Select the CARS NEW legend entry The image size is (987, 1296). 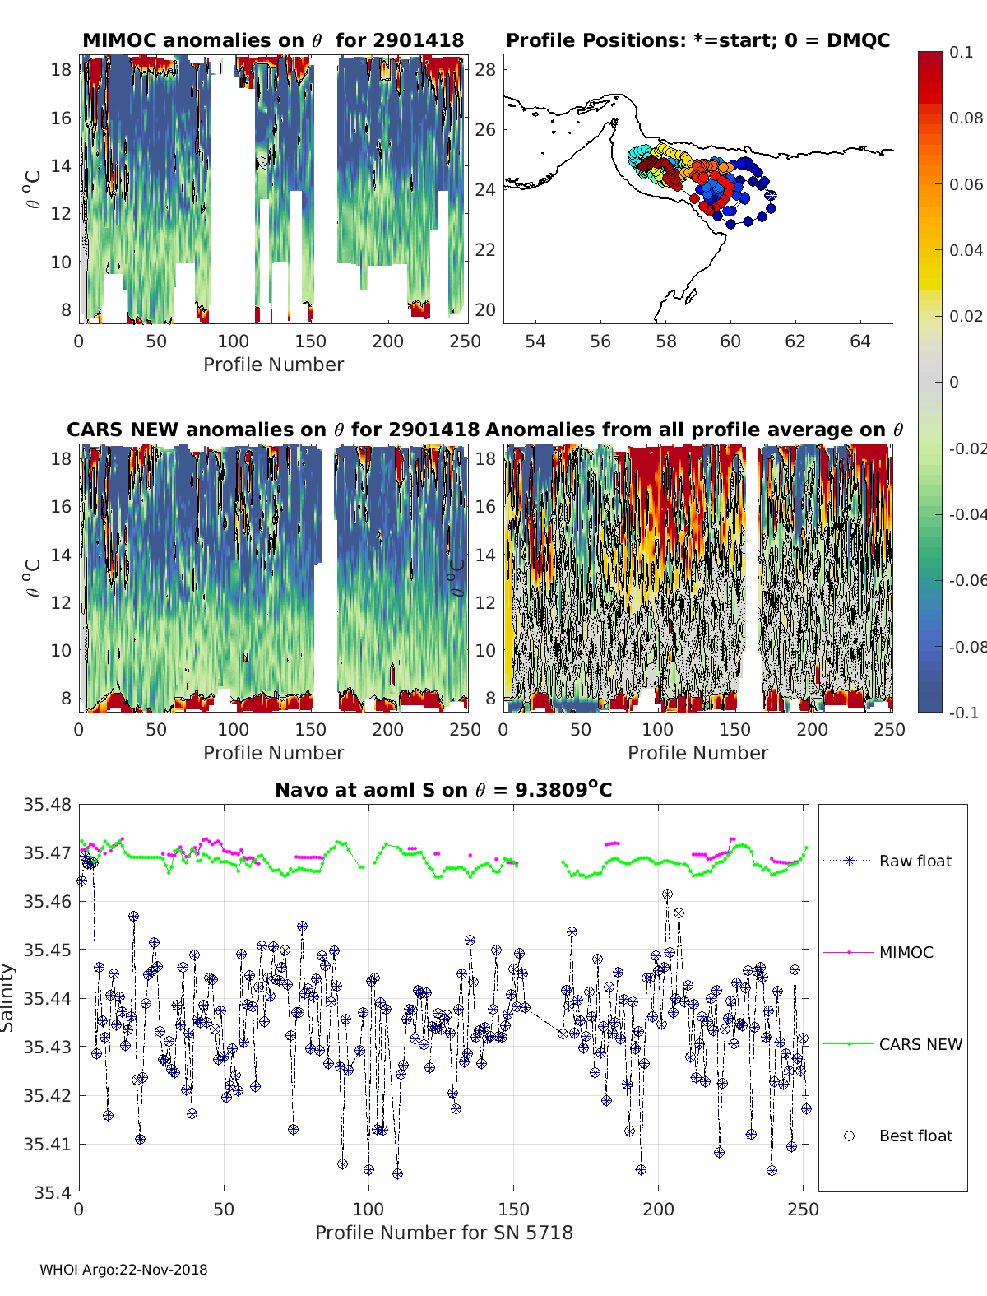point(892,1044)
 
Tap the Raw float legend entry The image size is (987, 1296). point(887,860)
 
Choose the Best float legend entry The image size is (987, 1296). point(887,1136)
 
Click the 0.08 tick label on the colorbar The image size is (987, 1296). point(966,118)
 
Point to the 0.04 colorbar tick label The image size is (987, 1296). point(966,250)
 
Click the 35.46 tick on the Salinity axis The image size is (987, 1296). point(47,901)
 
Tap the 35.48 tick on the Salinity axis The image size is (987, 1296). point(47,804)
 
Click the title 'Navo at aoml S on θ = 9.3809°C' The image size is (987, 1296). point(443,789)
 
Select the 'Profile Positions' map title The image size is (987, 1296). point(698,40)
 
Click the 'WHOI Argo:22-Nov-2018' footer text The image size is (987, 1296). point(123,1270)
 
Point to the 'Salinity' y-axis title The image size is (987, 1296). point(7,998)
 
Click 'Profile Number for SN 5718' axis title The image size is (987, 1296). point(443,1233)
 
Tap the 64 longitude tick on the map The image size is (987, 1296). point(860,341)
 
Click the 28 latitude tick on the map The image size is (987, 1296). point(485,70)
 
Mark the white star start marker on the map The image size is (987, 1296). point(771,195)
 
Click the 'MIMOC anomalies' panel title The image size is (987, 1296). point(273,40)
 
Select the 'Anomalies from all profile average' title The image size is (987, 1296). point(694,430)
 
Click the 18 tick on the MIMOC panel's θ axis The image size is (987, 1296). point(61,70)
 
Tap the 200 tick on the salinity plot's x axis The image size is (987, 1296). point(658,1210)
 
